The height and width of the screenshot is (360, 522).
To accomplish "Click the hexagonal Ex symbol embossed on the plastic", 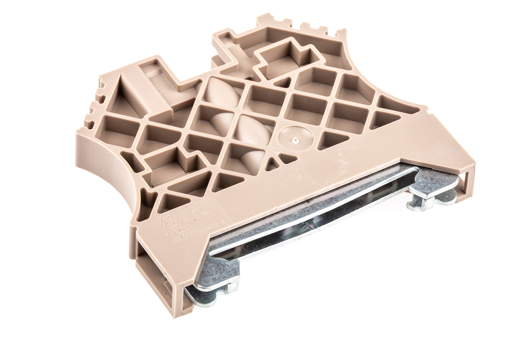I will tap(168, 223).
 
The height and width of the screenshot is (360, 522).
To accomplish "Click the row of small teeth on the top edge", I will tap(300, 26).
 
